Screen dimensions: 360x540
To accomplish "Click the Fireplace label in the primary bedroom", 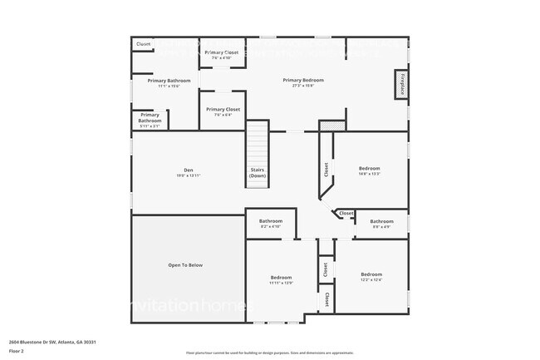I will click(402, 86).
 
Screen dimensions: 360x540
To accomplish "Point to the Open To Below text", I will click(185, 265).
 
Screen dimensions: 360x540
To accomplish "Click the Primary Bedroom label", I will click(302, 80).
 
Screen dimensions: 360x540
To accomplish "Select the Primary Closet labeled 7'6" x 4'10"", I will click(223, 52).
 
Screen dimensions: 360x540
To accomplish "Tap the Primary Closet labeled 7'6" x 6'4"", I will click(223, 109).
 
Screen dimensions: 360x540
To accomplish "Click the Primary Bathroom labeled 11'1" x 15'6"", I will click(169, 81).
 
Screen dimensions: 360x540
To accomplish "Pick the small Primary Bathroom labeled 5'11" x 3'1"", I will click(150, 118).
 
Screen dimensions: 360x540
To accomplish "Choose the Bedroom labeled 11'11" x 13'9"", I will click(281, 277).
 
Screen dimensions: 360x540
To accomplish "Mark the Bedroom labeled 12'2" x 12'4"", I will click(371, 274).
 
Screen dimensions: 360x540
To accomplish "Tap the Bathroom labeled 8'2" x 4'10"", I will click(271, 221).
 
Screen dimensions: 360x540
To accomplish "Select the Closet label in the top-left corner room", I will click(144, 44).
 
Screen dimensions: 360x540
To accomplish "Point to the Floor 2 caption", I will click(17, 352).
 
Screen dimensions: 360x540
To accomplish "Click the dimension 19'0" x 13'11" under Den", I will click(188, 175).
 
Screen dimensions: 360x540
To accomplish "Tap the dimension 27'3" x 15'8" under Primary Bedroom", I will click(302, 86).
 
